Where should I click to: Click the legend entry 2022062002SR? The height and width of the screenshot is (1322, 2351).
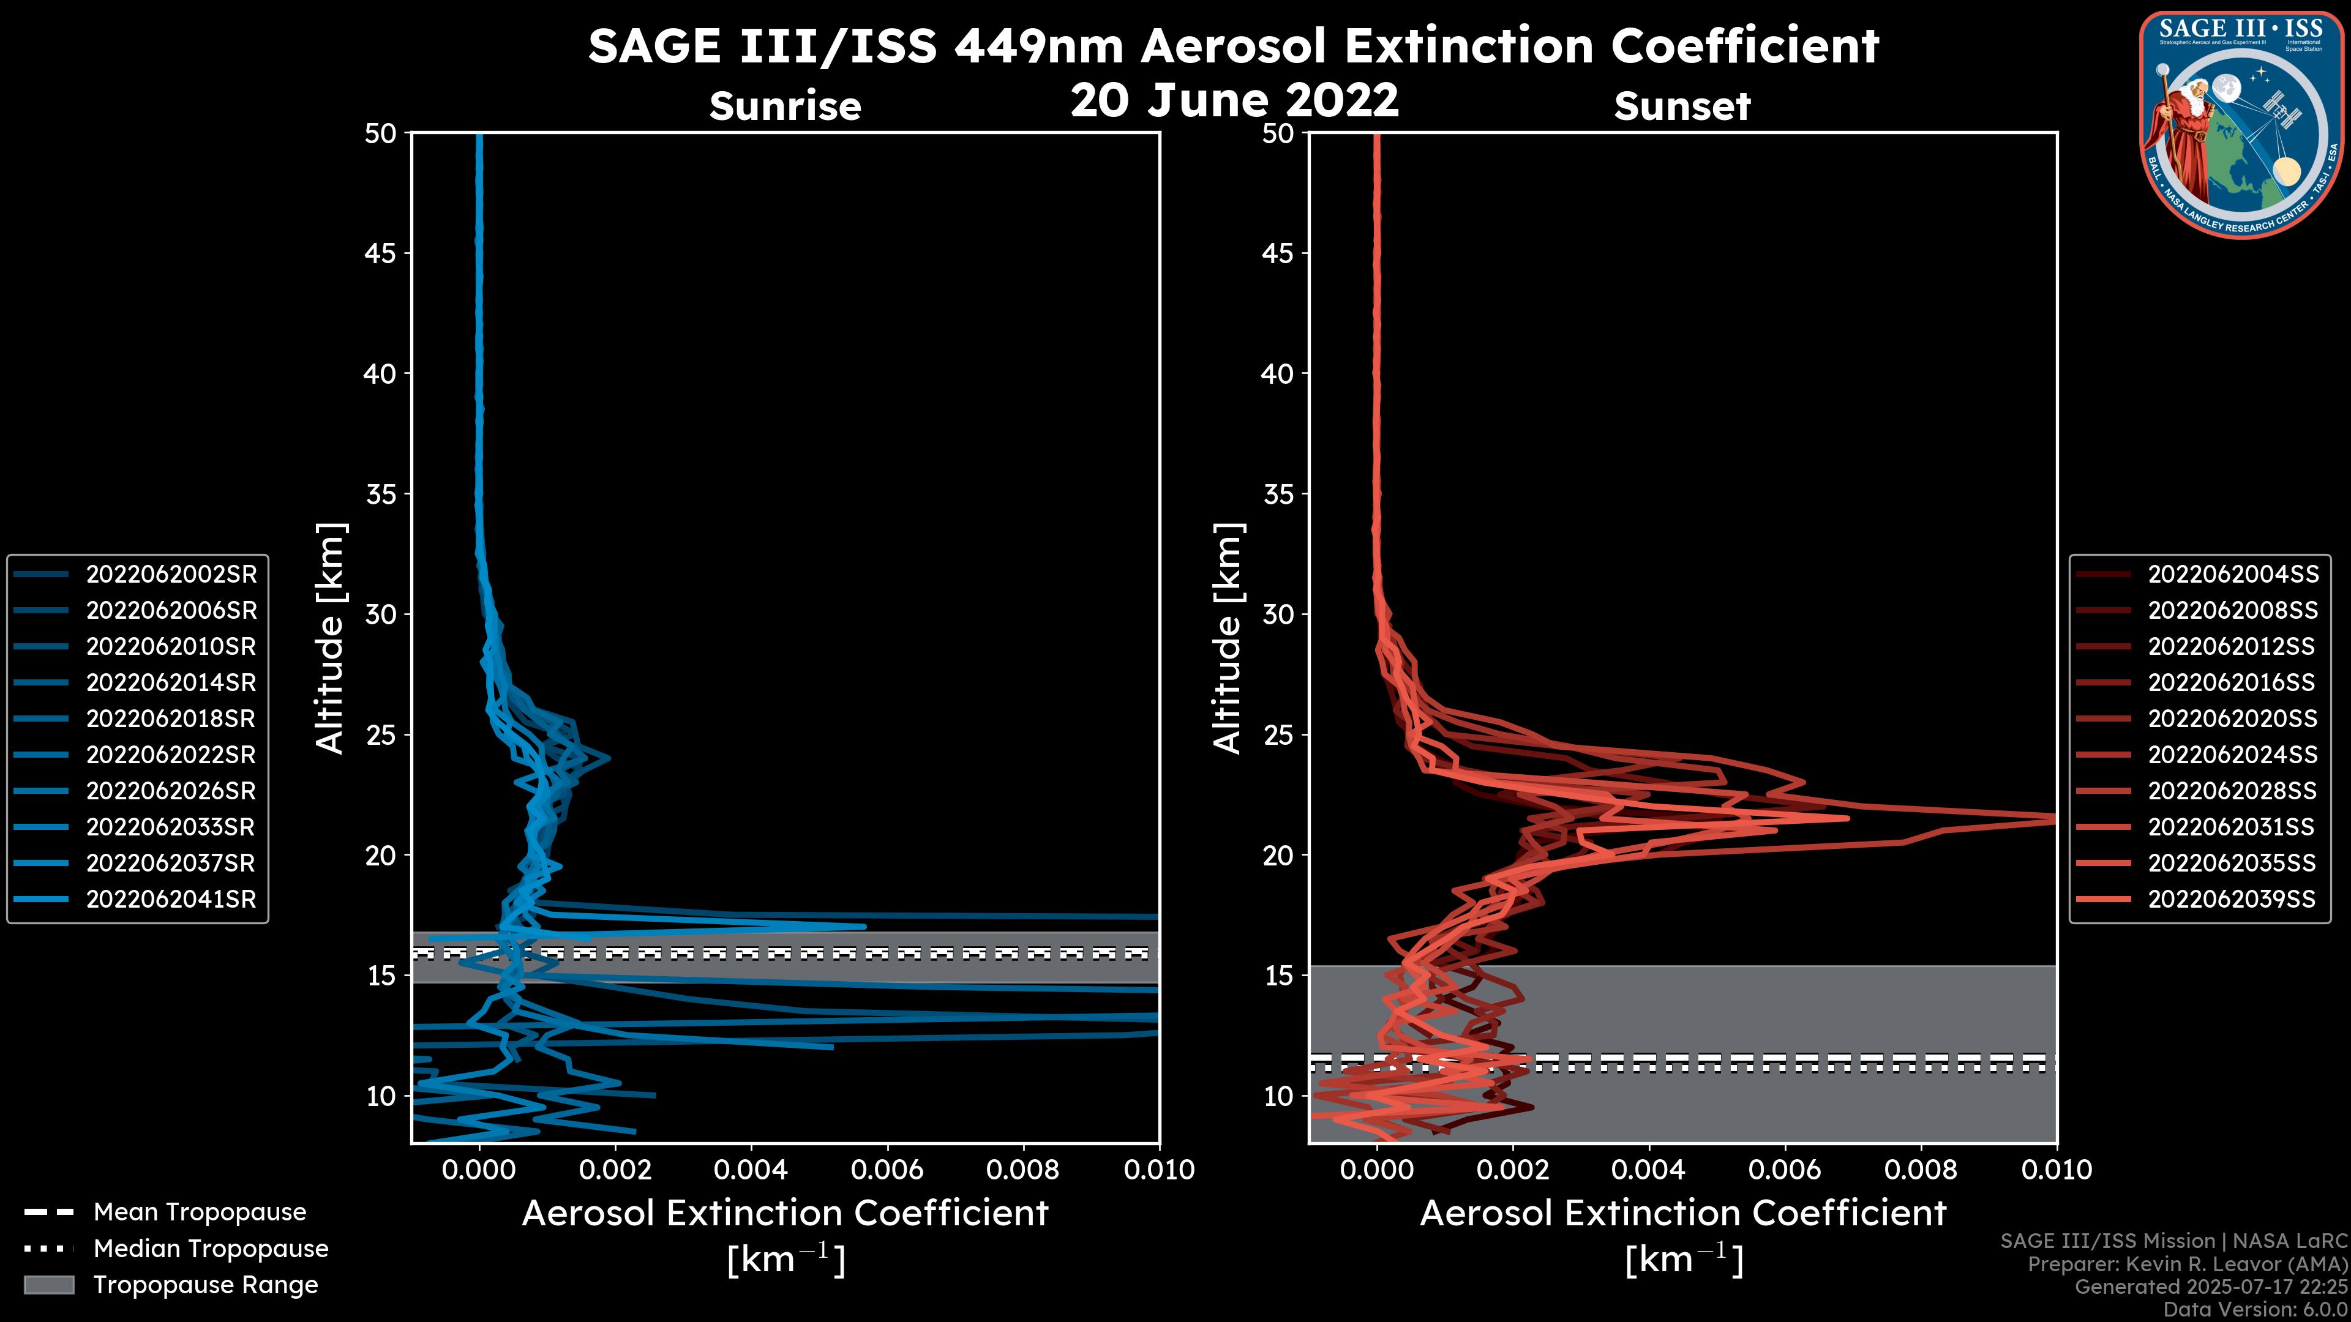[171, 574]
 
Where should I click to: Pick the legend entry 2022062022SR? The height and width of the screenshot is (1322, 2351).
[171, 755]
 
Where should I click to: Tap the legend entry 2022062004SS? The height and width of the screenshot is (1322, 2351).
[2232, 574]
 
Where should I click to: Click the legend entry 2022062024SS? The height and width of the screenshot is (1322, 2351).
[2232, 755]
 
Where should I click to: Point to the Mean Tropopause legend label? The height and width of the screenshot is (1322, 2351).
[199, 1212]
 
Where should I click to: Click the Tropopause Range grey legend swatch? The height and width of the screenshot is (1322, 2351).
[49, 1285]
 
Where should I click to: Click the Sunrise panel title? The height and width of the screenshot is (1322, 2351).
[785, 106]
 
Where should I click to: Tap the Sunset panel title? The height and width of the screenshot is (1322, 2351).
[1682, 106]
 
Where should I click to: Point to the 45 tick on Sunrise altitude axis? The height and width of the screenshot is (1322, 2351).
[381, 253]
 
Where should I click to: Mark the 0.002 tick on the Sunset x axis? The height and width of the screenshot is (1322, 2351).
[1512, 1170]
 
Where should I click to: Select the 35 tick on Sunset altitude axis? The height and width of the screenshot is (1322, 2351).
[1278, 493]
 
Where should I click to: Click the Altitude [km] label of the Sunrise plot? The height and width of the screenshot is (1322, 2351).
[329, 638]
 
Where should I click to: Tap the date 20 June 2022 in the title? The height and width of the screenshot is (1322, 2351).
[1234, 99]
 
